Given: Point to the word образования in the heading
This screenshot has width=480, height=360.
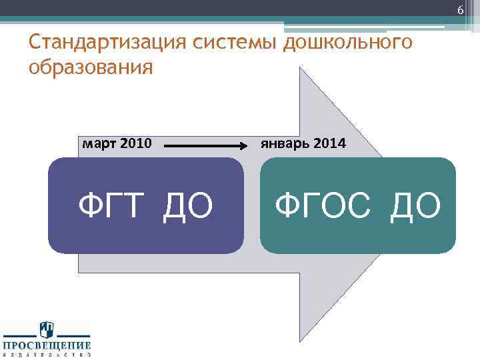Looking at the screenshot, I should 91,68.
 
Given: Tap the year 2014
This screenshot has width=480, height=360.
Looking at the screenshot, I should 329,143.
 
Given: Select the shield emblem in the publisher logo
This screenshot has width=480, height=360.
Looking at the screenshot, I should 46,329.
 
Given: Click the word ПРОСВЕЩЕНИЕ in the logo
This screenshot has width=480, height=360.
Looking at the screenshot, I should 46,345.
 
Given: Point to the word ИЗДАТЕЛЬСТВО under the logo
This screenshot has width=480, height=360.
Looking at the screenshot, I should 46,355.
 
